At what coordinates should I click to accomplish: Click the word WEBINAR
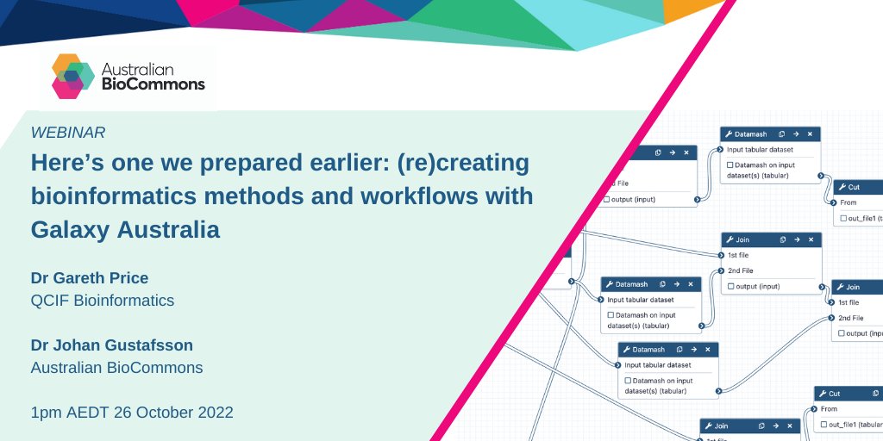tap(68, 133)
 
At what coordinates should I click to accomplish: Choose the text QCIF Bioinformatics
tap(103, 301)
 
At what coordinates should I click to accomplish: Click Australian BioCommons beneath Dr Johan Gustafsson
tap(116, 368)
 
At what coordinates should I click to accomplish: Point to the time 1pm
tap(47, 413)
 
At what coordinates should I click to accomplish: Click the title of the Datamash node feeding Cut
tap(751, 134)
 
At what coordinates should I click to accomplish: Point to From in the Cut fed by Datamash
tap(849, 203)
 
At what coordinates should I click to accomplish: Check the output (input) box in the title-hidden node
tap(607, 201)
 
